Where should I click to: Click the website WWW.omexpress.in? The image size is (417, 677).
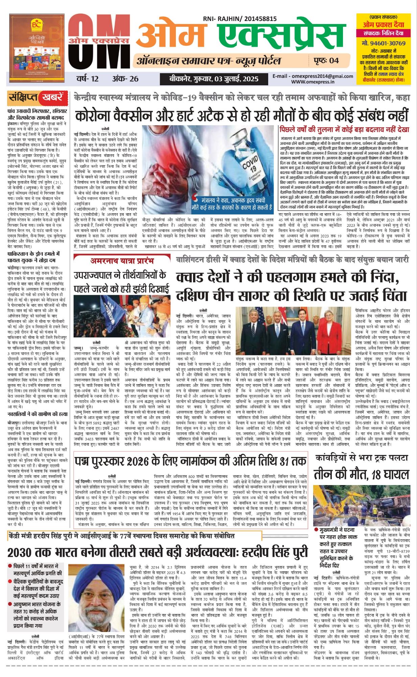(x=312, y=82)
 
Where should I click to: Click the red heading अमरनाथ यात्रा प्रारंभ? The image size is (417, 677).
(x=122, y=261)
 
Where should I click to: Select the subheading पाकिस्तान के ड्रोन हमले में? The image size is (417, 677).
(x=33, y=254)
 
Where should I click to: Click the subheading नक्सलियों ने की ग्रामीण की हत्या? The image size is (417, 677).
(x=38, y=414)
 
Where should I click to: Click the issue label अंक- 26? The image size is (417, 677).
(x=125, y=79)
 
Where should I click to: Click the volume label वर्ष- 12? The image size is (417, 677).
(x=87, y=79)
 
